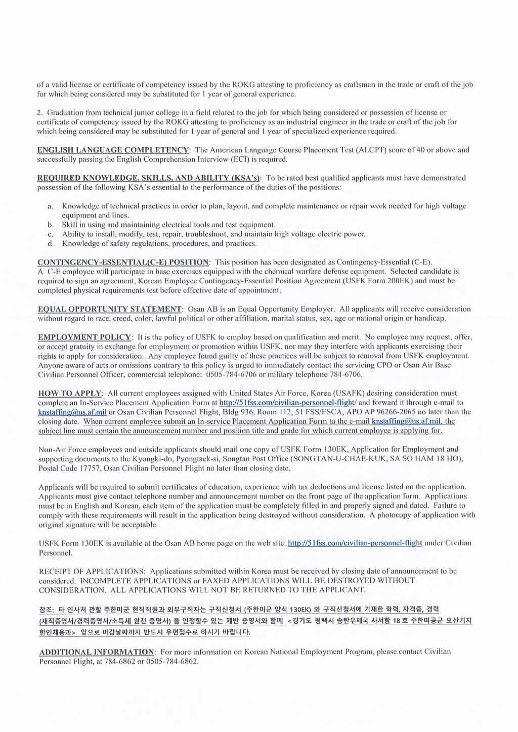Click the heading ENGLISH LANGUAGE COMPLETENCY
[x=113, y=150]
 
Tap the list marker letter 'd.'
[x=50, y=244]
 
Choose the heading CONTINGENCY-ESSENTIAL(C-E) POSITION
[x=123, y=262]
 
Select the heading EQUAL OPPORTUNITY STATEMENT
[x=110, y=309]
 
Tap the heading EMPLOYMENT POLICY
[x=84, y=337]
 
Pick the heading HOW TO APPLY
[x=70, y=393]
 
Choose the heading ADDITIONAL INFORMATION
[x=97, y=652]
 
